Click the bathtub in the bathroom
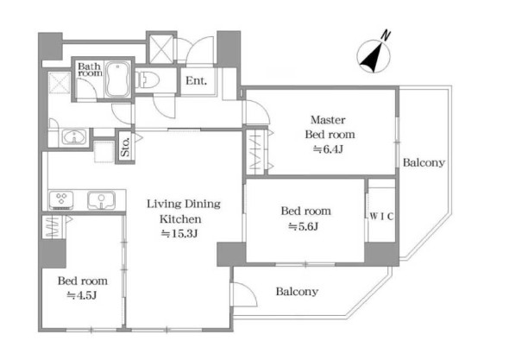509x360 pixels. point(117,79)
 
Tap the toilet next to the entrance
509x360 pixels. point(148,79)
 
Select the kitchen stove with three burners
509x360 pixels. point(61,200)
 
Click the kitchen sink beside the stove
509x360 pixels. point(101,200)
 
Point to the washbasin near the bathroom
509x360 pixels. point(74,136)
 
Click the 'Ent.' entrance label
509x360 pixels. point(196,80)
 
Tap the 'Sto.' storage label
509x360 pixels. point(125,147)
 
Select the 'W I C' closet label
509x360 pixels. point(381,217)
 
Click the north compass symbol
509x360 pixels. point(374,57)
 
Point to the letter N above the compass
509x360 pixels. point(386,35)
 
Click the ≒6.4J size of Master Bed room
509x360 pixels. point(328,149)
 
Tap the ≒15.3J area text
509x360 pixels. point(179,234)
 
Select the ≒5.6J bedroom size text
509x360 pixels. point(303,226)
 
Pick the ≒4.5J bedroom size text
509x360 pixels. point(81,295)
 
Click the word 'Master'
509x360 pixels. point(328,120)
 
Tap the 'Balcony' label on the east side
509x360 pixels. point(424,163)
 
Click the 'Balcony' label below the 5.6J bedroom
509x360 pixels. point(297,292)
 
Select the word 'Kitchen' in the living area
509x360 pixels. point(180,219)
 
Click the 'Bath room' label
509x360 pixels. point(90,70)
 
